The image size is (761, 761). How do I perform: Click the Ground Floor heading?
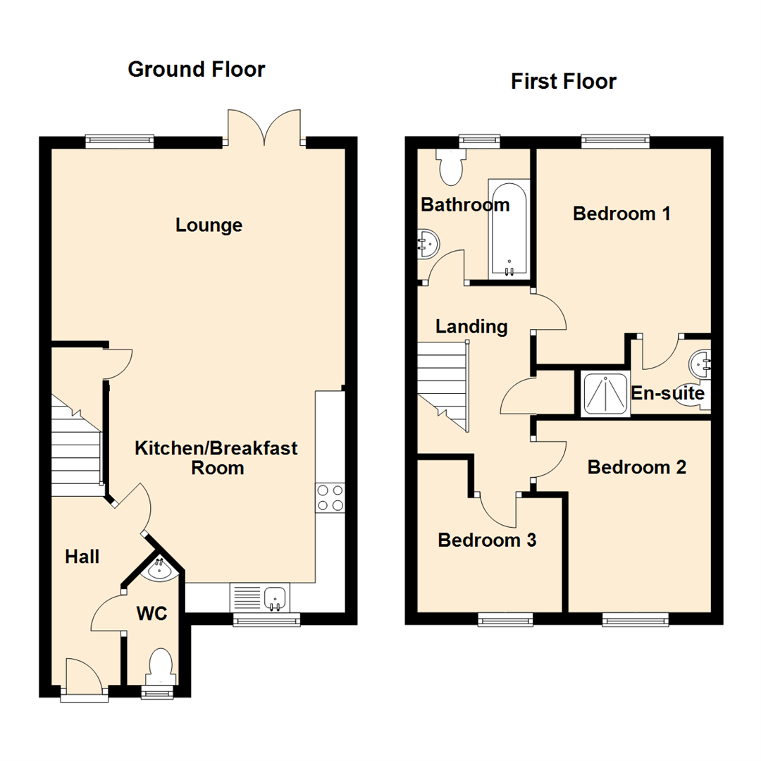(x=196, y=69)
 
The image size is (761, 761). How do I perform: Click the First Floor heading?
(x=563, y=82)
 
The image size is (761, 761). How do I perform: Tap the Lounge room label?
(x=209, y=225)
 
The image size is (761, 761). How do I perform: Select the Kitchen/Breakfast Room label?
(x=216, y=457)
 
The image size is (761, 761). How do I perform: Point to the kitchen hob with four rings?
(x=330, y=497)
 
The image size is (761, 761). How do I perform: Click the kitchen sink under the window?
(x=274, y=599)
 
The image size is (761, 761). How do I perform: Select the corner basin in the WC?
(x=161, y=569)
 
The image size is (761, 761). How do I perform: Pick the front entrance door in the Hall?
(x=84, y=678)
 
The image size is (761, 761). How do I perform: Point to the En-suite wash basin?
(x=700, y=364)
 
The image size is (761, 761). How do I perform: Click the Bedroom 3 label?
(x=487, y=540)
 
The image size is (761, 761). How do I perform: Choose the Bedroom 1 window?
(x=615, y=142)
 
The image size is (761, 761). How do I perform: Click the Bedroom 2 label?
(x=636, y=467)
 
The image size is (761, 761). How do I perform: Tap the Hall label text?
(x=82, y=557)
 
